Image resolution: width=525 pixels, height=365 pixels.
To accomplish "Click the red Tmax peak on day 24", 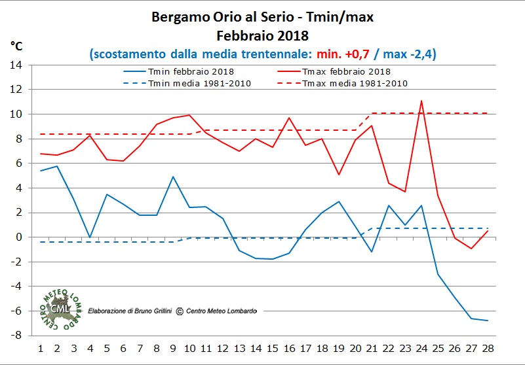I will pos(421,101).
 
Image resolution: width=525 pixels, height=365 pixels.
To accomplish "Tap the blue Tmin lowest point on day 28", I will pos(488,321).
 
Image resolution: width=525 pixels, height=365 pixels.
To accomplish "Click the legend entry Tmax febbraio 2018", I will pos(343,71).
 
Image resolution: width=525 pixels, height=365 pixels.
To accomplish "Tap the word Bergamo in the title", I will pos(179,17).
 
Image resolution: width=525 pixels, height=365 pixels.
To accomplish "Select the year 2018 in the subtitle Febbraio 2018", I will pos(292,34).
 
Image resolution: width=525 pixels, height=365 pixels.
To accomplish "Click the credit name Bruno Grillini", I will pos(151,311).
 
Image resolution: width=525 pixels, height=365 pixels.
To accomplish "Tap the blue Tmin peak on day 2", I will pos(57,166).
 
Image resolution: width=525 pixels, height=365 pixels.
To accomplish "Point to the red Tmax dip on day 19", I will pos(338,175).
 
